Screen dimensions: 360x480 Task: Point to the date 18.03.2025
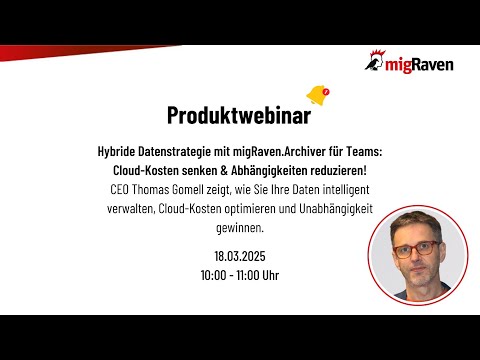pos(240,254)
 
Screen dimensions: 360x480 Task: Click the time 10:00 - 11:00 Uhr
pos(240,273)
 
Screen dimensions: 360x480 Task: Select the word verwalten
pos(129,207)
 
